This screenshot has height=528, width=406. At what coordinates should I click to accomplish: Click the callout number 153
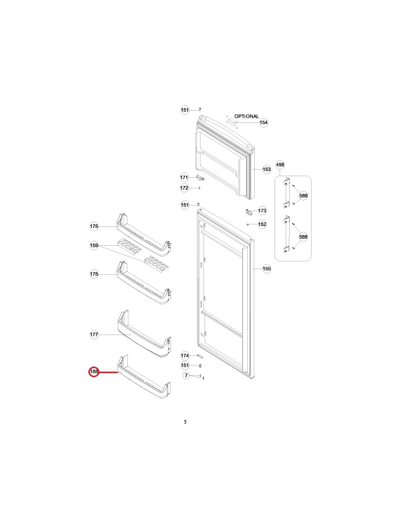pyautogui.click(x=266, y=170)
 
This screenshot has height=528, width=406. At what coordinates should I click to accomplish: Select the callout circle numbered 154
pyautogui.click(x=264, y=122)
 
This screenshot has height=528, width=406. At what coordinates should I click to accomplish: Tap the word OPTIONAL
pyautogui.click(x=247, y=116)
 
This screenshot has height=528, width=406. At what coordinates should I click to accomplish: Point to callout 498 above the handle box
pyautogui.click(x=280, y=164)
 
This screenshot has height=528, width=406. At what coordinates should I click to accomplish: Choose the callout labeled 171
pyautogui.click(x=185, y=178)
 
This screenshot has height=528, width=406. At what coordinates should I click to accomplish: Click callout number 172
pyautogui.click(x=185, y=188)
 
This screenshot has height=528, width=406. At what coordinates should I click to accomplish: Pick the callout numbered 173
pyautogui.click(x=262, y=210)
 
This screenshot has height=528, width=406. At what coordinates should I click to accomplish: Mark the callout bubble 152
pyautogui.click(x=262, y=224)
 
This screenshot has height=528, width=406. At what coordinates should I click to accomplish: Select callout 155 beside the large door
pyautogui.click(x=267, y=269)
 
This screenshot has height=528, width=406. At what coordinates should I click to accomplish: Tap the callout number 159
pyautogui.click(x=94, y=246)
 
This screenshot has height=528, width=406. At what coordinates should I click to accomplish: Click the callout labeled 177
pyautogui.click(x=94, y=335)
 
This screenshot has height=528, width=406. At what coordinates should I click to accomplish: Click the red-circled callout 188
pyautogui.click(x=94, y=372)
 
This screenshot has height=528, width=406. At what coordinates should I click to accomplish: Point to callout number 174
pyautogui.click(x=185, y=356)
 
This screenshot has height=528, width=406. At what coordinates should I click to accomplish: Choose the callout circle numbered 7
pyautogui.click(x=186, y=376)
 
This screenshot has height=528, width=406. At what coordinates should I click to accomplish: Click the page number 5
pyautogui.click(x=185, y=422)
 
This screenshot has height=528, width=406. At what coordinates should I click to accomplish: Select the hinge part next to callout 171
pyautogui.click(x=202, y=179)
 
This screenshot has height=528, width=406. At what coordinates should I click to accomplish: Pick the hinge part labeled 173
pyautogui.click(x=249, y=211)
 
